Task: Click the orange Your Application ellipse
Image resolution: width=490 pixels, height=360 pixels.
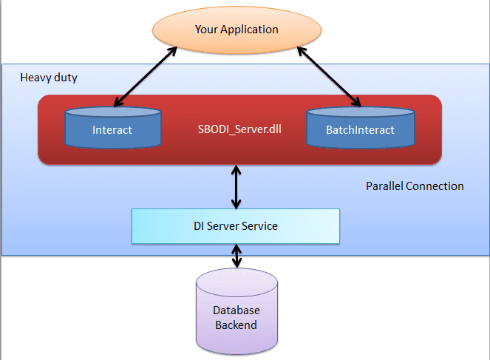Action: click(x=236, y=30)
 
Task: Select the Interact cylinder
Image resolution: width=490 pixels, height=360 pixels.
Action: click(x=112, y=129)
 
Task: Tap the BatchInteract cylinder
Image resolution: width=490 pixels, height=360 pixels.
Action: click(x=360, y=129)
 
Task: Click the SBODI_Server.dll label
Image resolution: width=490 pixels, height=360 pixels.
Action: click(x=236, y=130)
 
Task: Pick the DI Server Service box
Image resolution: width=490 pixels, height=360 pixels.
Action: click(x=236, y=225)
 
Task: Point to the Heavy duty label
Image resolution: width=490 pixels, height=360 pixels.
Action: click(x=49, y=77)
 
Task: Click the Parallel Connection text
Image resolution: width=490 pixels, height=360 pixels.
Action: click(x=415, y=186)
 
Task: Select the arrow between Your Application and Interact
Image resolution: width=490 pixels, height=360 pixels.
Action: click(x=143, y=76)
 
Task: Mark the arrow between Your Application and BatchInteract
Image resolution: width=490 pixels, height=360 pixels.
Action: click(x=330, y=76)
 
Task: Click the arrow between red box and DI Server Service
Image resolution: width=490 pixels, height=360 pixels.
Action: click(x=236, y=186)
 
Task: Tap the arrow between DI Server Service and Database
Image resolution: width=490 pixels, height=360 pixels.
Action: click(x=236, y=256)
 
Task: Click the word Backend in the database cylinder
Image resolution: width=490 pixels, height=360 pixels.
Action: click(x=236, y=325)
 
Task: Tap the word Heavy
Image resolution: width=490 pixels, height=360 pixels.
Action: click(x=35, y=77)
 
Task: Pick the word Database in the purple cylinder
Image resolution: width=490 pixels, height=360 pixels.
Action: click(x=236, y=310)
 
